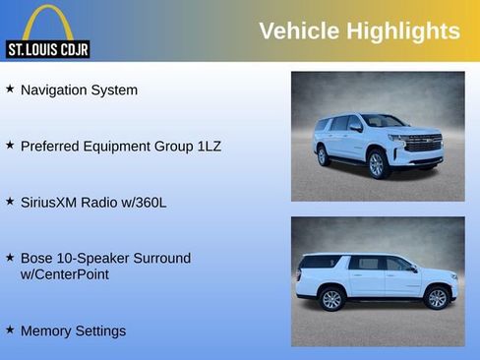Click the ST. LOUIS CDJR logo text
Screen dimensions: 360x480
pyautogui.click(x=47, y=49)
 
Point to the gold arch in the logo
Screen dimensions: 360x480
pyautogui.click(x=47, y=22)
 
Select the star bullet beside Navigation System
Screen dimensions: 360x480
pyautogui.click(x=10, y=89)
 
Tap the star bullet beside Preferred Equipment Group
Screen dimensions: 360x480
pyautogui.click(x=10, y=145)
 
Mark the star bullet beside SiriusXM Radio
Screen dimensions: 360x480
pyautogui.click(x=10, y=201)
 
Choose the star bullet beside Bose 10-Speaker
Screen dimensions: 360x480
pyautogui.click(x=10, y=257)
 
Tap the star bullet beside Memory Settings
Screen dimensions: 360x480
pyautogui.click(x=10, y=330)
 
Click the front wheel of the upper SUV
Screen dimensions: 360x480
pyautogui.click(x=376, y=165)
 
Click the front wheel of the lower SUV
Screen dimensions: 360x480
pyautogui.click(x=437, y=298)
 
